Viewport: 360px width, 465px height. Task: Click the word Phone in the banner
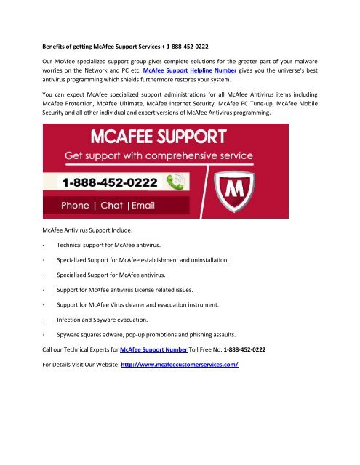pyautogui.click(x=80, y=205)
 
